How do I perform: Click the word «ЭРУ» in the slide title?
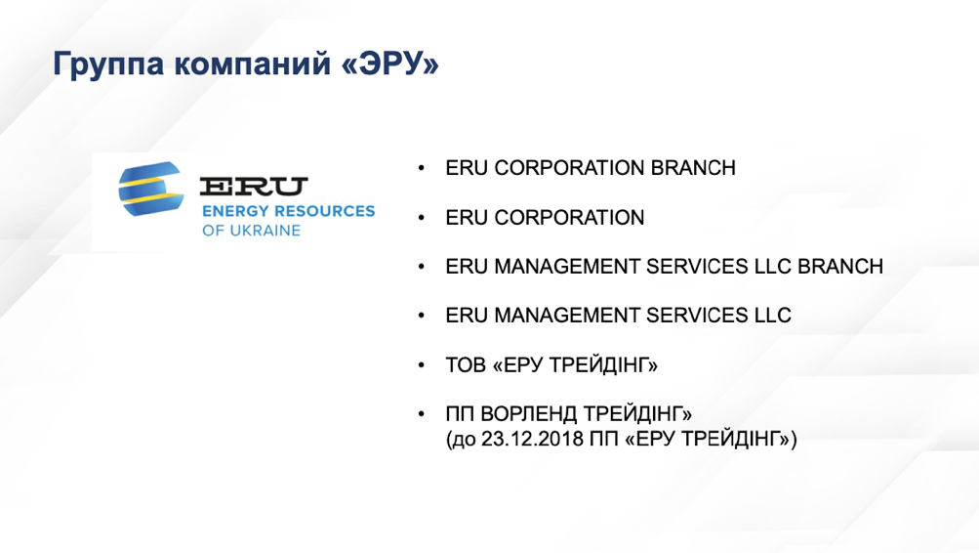[x=390, y=64]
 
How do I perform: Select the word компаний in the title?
[x=252, y=64]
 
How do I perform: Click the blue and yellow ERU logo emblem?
[x=151, y=189]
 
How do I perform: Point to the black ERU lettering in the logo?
[x=254, y=187]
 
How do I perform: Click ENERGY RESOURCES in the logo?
[x=289, y=211]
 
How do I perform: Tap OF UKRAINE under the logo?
[x=251, y=231]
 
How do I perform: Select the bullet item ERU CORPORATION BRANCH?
[x=590, y=168]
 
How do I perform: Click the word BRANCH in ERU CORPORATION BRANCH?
[x=693, y=168]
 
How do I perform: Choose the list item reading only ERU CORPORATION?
[x=545, y=218]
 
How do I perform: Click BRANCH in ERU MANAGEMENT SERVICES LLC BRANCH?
[x=840, y=266]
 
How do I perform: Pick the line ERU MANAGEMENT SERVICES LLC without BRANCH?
[x=618, y=316]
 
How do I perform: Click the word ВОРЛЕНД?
[x=528, y=413]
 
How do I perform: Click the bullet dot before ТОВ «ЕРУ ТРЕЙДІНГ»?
[x=422, y=364]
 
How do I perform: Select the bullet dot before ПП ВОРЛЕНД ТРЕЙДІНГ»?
[x=422, y=413]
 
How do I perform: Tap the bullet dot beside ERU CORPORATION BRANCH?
[x=422, y=168]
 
